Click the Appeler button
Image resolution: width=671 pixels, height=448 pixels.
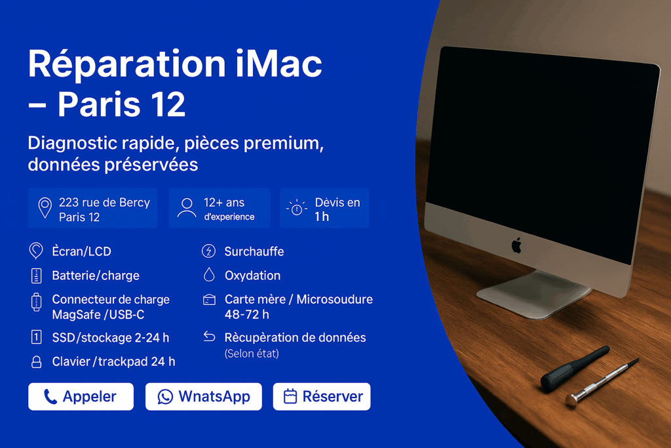(x=81, y=397)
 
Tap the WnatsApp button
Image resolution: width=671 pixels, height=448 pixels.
(x=204, y=397)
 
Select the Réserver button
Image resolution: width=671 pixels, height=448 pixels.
(x=322, y=397)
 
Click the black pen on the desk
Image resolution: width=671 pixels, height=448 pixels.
(x=575, y=368)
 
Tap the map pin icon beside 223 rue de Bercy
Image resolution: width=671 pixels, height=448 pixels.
(x=45, y=208)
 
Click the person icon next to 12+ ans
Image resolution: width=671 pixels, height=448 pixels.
(x=187, y=208)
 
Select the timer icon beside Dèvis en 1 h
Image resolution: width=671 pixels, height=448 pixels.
(x=297, y=208)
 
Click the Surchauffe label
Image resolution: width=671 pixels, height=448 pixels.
(x=254, y=251)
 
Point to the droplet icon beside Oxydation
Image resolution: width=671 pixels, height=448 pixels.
(x=209, y=275)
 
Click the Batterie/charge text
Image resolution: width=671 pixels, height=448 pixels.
(x=96, y=275)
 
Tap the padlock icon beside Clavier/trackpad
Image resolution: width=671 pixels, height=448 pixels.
(x=37, y=362)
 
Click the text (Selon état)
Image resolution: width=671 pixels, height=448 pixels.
(x=252, y=354)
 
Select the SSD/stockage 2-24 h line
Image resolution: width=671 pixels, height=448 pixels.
(x=110, y=338)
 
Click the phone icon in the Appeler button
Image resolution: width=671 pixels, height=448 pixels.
(x=50, y=397)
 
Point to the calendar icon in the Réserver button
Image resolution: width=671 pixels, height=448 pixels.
(x=290, y=396)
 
